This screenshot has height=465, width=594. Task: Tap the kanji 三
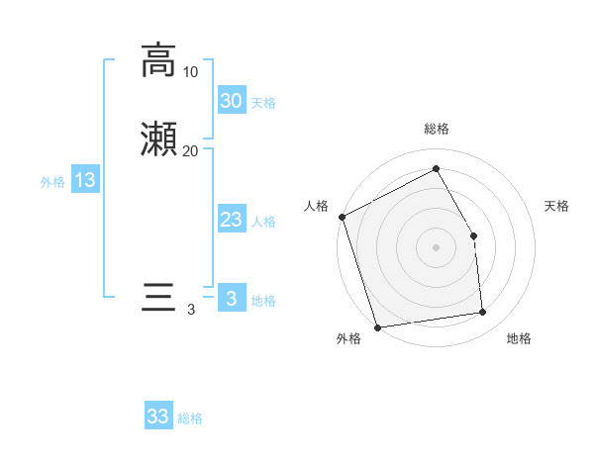(x=158, y=298)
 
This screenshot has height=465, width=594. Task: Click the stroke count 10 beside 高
(x=190, y=72)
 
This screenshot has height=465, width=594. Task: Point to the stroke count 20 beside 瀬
(x=190, y=151)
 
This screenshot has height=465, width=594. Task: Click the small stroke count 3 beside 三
(x=190, y=310)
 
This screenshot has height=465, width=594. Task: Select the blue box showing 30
(x=231, y=100)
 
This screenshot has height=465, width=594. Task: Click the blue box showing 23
(x=231, y=220)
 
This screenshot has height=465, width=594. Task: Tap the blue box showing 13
(x=85, y=180)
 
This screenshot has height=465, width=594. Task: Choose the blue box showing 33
(x=158, y=417)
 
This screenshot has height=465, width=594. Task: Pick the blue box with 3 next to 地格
(x=231, y=299)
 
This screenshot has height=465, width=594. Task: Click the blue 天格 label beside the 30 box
(x=263, y=103)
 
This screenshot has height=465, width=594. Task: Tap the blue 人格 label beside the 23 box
(x=263, y=222)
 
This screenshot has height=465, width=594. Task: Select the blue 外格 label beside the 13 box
(x=52, y=182)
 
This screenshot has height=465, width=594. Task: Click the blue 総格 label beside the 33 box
(x=190, y=418)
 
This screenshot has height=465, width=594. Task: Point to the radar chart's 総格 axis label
(x=436, y=130)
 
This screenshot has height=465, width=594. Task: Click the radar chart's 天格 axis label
(x=556, y=206)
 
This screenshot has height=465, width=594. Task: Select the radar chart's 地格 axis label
(x=519, y=339)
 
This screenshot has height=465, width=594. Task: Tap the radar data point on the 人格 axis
(x=342, y=217)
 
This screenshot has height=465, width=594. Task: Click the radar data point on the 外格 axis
(x=377, y=326)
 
